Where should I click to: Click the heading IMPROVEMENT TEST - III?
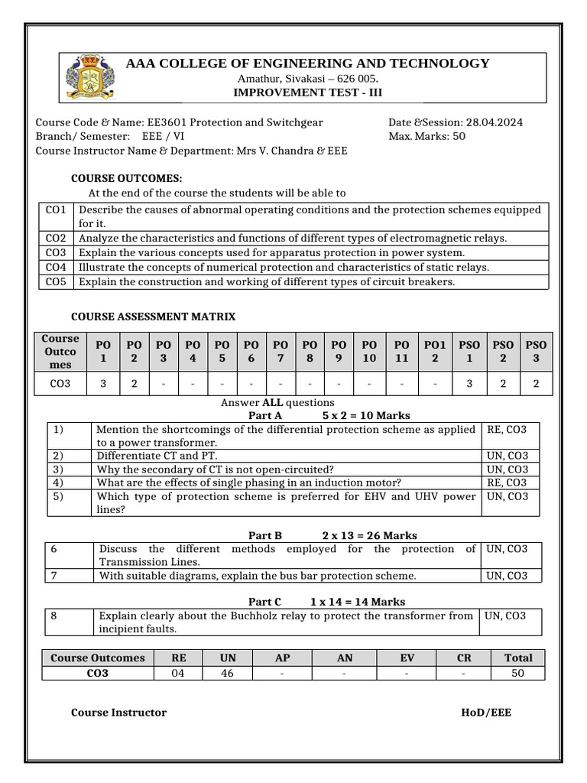pos(308,92)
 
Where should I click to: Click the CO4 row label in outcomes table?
pos(56,267)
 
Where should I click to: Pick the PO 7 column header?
pos(281,352)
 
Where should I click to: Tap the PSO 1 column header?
pos(470,352)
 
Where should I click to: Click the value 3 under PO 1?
pos(103,384)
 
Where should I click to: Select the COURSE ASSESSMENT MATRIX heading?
pos(153,316)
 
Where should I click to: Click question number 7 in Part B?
pos(54,575)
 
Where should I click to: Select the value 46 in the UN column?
pos(228,673)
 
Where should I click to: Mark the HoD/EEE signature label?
pos(486,712)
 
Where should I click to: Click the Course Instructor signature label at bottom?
pos(118,712)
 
